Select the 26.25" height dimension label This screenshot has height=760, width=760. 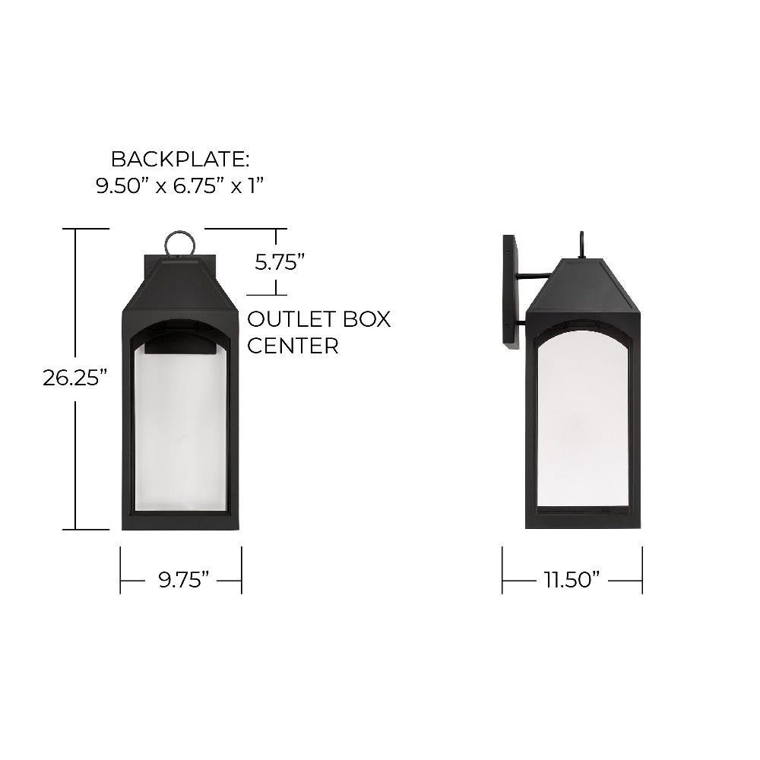click(x=74, y=378)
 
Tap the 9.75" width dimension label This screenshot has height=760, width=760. click(x=184, y=580)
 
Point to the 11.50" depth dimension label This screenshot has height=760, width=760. click(x=571, y=580)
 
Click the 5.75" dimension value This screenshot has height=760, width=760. click(x=279, y=262)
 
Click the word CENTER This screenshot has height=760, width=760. click(x=293, y=346)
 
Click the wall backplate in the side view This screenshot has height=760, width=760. click(x=511, y=293)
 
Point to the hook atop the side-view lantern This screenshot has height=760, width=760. click(x=582, y=244)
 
